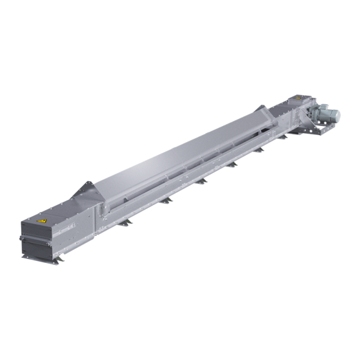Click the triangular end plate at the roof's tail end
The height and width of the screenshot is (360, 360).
(x=85, y=190)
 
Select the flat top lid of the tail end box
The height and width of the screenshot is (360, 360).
(x=58, y=210)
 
